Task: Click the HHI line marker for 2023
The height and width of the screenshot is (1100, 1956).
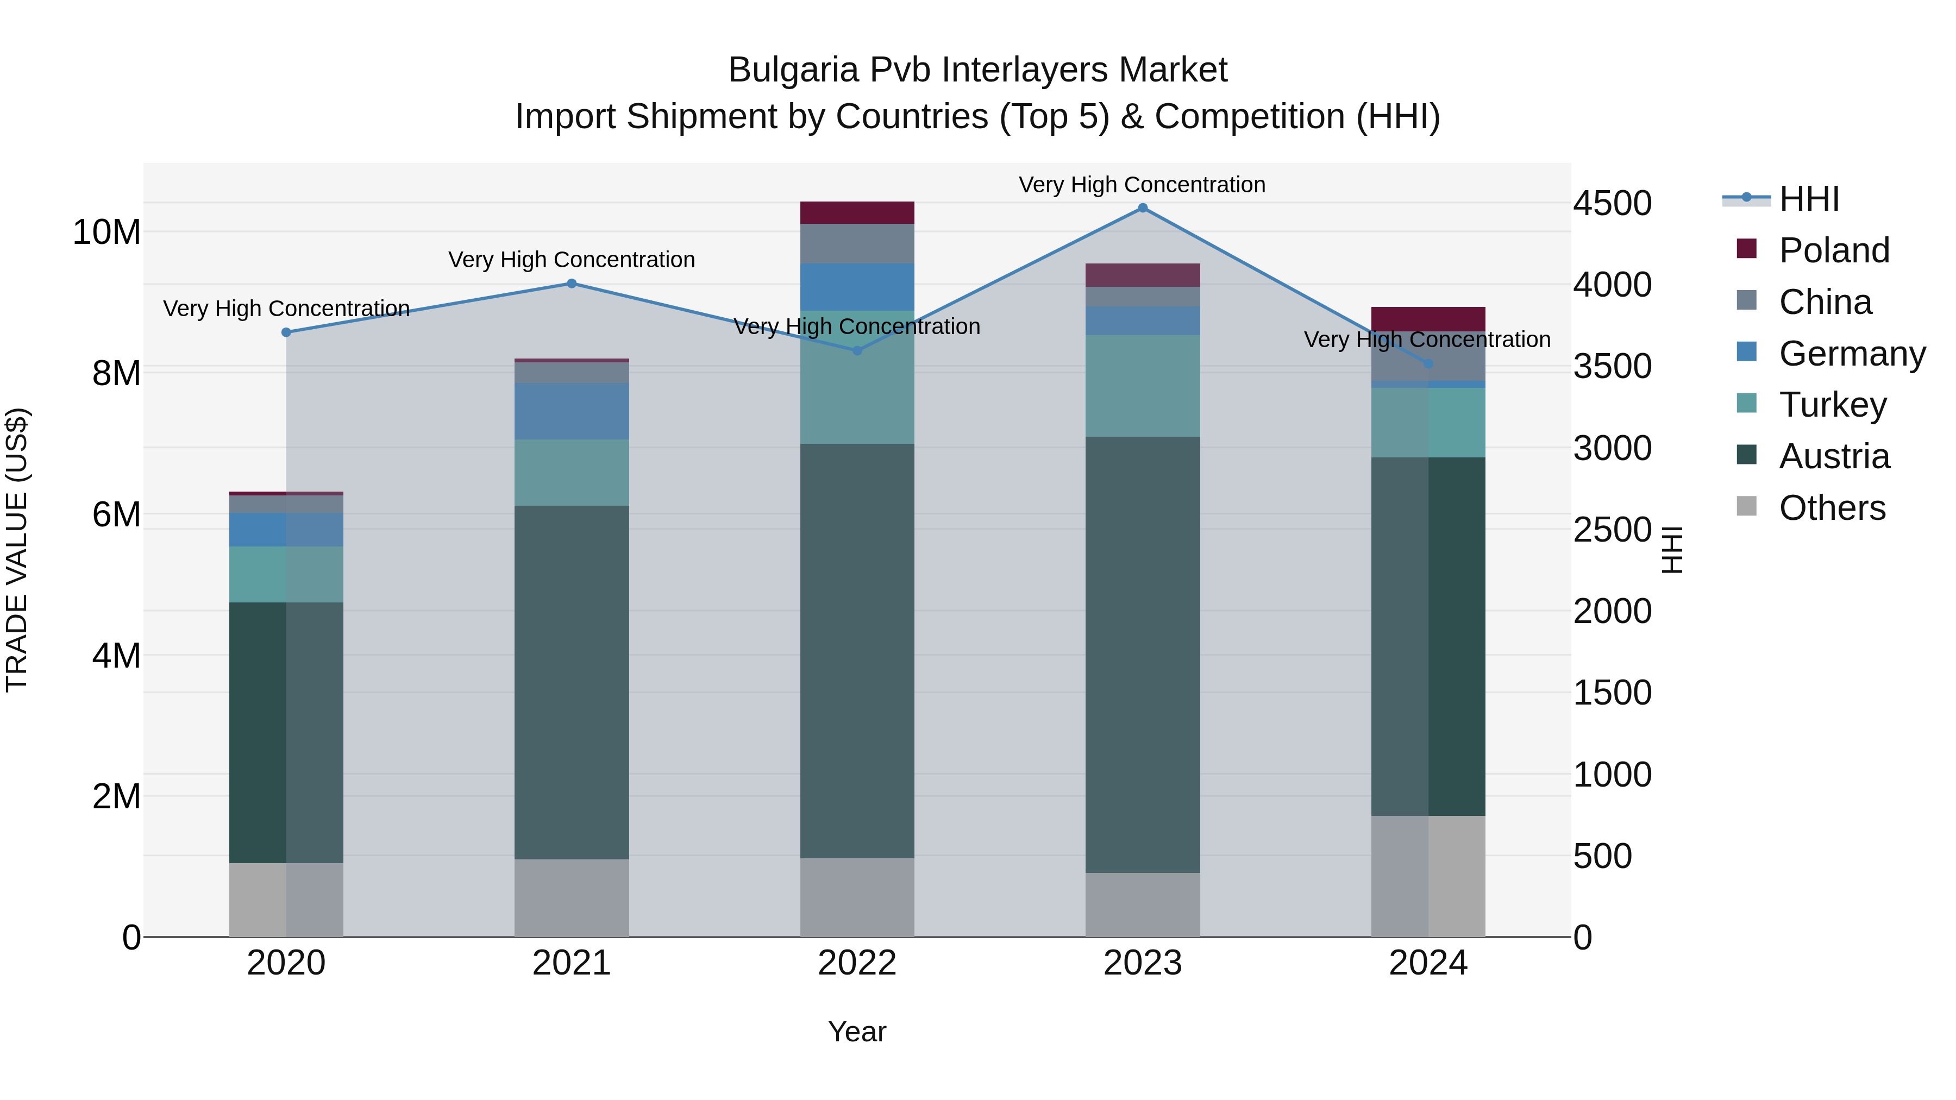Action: click(1142, 208)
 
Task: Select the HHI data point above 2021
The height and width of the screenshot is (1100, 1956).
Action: click(572, 284)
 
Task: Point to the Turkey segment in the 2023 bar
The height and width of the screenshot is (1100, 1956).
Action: click(1142, 386)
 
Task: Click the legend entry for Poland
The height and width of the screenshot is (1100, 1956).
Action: click(1833, 250)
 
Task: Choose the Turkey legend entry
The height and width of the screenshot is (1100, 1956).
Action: click(1832, 405)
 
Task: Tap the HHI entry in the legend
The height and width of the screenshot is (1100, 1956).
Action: click(1809, 199)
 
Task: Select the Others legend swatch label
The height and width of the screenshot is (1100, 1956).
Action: click(1832, 508)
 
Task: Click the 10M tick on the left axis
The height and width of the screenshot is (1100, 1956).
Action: click(106, 232)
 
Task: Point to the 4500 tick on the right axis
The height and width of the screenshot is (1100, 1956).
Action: click(1612, 204)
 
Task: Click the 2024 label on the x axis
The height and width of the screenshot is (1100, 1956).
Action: click(1427, 963)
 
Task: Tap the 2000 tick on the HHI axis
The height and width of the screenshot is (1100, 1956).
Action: click(1612, 611)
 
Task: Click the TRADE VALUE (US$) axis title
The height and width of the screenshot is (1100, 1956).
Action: click(17, 550)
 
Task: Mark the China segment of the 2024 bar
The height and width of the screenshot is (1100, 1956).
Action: click(1427, 357)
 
